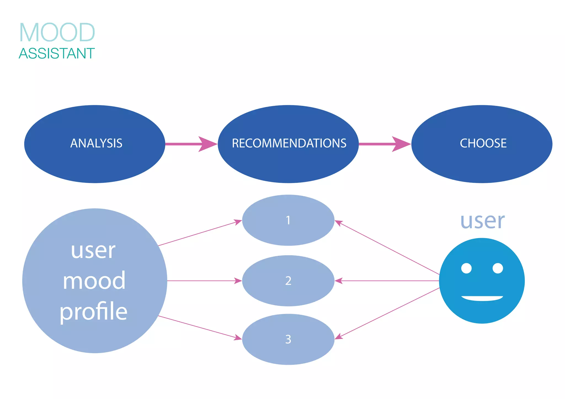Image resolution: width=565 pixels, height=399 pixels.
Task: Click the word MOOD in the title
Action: click(57, 33)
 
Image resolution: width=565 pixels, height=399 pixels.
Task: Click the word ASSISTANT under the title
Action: click(57, 53)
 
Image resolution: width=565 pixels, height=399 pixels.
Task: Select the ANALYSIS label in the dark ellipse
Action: click(96, 143)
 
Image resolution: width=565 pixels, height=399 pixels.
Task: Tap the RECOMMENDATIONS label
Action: click(289, 143)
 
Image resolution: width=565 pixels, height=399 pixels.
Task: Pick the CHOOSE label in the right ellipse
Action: click(483, 143)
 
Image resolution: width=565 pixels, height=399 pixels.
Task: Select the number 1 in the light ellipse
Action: click(288, 220)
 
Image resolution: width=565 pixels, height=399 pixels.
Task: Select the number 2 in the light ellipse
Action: click(288, 281)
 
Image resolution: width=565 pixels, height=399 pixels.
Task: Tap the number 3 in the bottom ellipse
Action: click(288, 339)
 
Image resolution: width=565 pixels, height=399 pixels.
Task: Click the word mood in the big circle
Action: click(94, 281)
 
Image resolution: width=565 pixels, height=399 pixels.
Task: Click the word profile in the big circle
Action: click(94, 312)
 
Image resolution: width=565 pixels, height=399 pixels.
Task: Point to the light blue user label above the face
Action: click(483, 221)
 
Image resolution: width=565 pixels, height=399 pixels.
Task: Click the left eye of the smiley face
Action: click(466, 268)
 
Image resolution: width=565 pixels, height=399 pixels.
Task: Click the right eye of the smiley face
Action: click(498, 268)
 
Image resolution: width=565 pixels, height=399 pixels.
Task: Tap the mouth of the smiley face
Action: click(482, 298)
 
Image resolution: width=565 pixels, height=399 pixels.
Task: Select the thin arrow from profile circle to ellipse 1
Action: click(199, 233)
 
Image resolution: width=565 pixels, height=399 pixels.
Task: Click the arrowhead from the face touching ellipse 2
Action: click(339, 281)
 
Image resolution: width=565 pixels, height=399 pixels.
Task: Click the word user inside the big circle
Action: click(93, 251)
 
